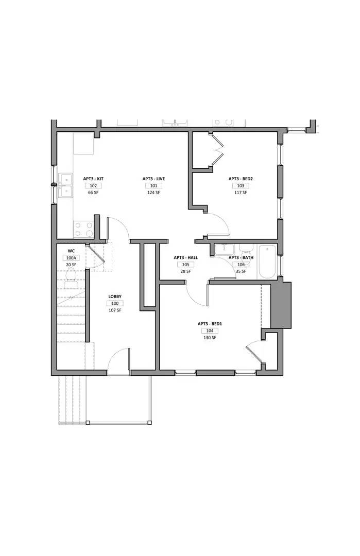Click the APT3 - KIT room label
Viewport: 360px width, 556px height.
[93, 179]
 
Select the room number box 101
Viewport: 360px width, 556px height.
[153, 185]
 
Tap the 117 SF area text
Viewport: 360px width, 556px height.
[241, 193]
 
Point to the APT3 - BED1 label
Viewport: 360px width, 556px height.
[210, 324]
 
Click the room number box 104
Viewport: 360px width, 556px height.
[210, 331]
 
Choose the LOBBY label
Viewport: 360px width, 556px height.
[115, 297]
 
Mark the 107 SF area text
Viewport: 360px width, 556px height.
[115, 310]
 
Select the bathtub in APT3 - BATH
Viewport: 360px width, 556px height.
[267, 262]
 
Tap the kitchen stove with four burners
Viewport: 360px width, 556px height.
[83, 229]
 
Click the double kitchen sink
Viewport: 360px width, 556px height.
[65, 185]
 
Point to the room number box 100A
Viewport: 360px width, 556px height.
[71, 258]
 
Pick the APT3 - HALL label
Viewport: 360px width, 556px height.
[185, 257]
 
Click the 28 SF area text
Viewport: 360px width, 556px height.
[185, 271]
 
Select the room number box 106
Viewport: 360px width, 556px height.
[241, 264]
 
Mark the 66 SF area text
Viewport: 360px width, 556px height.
[93, 193]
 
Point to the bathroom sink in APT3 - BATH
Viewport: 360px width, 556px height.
[225, 250]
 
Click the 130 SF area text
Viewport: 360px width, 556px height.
[210, 338]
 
